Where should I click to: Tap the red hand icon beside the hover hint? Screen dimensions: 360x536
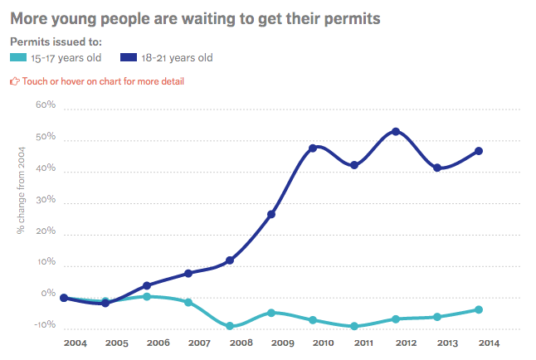(14, 81)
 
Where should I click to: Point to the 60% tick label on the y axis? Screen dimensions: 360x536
(45, 106)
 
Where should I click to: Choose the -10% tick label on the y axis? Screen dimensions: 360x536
(44, 326)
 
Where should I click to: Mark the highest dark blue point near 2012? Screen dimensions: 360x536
(396, 132)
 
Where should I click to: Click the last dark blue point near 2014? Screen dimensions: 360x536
(479, 151)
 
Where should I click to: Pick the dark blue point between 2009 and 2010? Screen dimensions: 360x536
(313, 148)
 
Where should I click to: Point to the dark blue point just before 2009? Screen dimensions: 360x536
(271, 215)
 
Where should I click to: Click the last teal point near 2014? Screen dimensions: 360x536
(479, 310)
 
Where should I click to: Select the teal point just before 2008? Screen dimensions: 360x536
(230, 327)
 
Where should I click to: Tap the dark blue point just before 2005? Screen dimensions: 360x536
(105, 304)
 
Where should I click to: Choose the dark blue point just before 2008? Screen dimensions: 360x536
(230, 260)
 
